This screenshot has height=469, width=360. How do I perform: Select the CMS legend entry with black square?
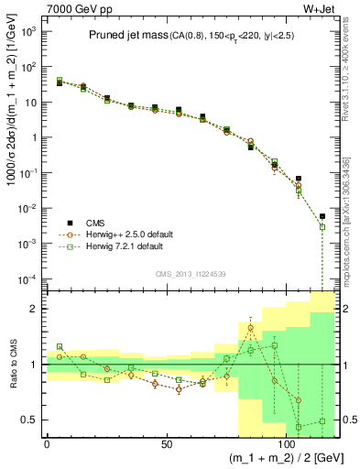coord(93,222)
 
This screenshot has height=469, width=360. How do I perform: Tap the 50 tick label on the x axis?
coord(167,444)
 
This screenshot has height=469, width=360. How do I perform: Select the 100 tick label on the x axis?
coord(287,444)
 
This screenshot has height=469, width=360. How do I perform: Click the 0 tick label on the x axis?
coord(47,444)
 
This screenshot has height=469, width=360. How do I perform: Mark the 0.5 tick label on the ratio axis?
coord(29,420)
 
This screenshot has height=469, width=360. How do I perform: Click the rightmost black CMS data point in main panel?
coord(322,216)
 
